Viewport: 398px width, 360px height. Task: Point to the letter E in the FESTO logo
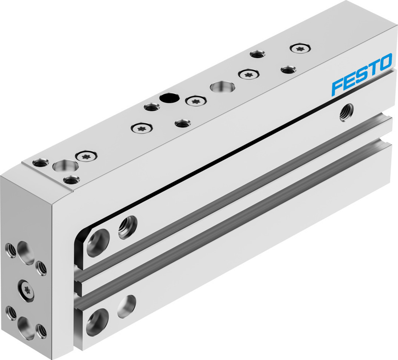350,80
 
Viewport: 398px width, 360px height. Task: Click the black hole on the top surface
168,97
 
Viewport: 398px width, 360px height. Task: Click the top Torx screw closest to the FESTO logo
299,48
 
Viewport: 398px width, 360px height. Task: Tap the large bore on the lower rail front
97,322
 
